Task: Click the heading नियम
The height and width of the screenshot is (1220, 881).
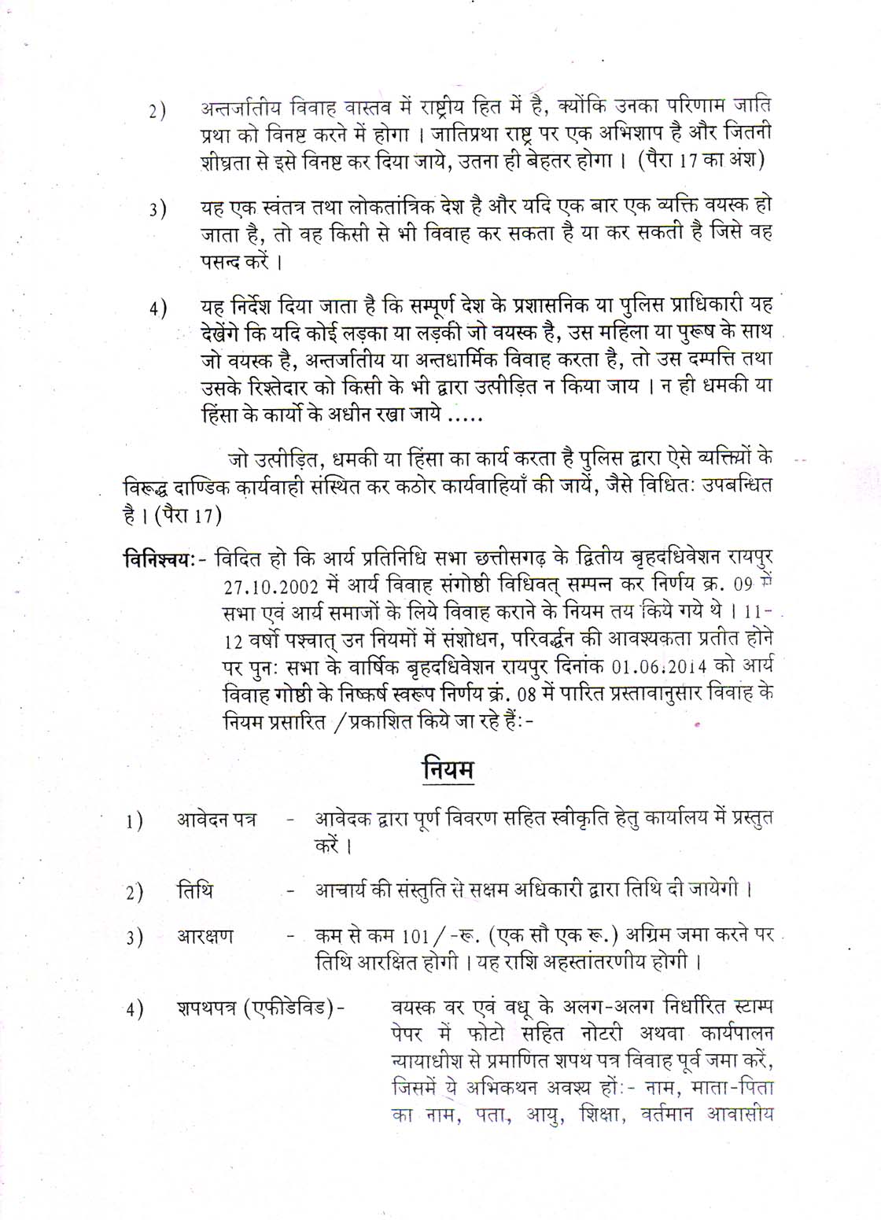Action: (447, 768)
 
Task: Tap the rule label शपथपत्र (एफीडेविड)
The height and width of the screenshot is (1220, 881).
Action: (259, 1008)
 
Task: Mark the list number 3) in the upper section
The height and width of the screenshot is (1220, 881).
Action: (157, 211)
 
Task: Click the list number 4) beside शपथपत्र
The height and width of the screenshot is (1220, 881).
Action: (134, 1010)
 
